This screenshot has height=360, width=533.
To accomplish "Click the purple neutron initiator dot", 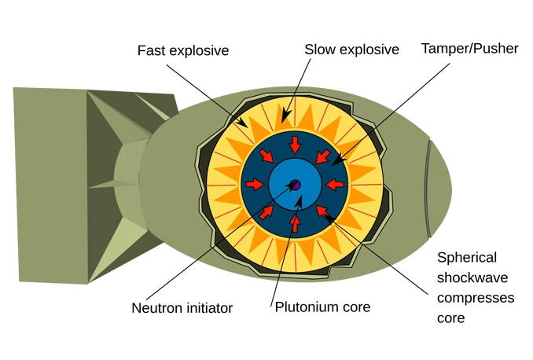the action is pos(296,185).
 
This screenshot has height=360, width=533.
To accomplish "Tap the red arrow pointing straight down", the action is pos(295,145).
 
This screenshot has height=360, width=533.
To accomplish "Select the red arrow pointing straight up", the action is pos(295,224).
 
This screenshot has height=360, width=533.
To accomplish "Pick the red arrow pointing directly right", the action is pos(255,185).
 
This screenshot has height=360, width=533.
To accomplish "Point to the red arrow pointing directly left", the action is pos(335,185).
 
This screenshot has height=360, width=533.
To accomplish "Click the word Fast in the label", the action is pos(152,50).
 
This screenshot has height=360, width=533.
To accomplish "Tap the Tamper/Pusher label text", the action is pos(470,49).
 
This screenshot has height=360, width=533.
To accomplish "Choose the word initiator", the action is pos(208,308).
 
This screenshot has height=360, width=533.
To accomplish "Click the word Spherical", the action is pos(467,258).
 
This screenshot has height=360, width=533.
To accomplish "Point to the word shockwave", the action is pos(472,277).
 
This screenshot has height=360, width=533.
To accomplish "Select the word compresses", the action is pos(476,298).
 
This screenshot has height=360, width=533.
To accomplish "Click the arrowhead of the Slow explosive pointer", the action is pos(285,116).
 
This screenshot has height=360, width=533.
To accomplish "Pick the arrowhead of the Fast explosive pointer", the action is pos(243,123).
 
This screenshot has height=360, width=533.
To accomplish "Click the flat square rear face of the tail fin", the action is pos(51,186).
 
